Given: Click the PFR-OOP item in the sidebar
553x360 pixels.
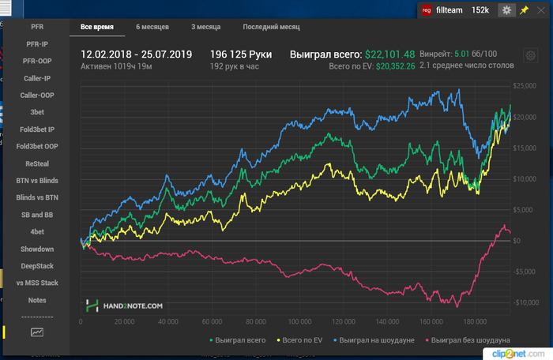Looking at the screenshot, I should (37, 61).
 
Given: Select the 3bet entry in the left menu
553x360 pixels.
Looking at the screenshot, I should (37, 112).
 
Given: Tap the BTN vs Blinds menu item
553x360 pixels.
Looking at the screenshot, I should (37, 181).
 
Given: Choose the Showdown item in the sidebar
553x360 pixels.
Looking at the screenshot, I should (37, 249).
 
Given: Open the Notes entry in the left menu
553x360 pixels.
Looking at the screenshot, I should (37, 300).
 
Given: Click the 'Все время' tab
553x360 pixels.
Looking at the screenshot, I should (97, 27).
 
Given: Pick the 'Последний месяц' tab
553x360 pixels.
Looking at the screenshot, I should (271, 27).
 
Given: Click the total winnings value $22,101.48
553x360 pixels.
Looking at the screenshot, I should (389, 54).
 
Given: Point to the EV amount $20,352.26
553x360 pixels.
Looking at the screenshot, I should (389, 67).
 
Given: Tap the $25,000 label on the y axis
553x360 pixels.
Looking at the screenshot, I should (525, 85).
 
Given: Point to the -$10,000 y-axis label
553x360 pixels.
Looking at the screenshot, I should (525, 302).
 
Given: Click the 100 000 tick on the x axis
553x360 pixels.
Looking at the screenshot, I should (297, 322).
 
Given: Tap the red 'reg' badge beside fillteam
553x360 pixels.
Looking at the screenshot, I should (427, 9).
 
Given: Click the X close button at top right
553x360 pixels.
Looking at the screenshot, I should (540, 9).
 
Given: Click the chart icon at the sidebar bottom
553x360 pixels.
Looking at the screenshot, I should (37, 333).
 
